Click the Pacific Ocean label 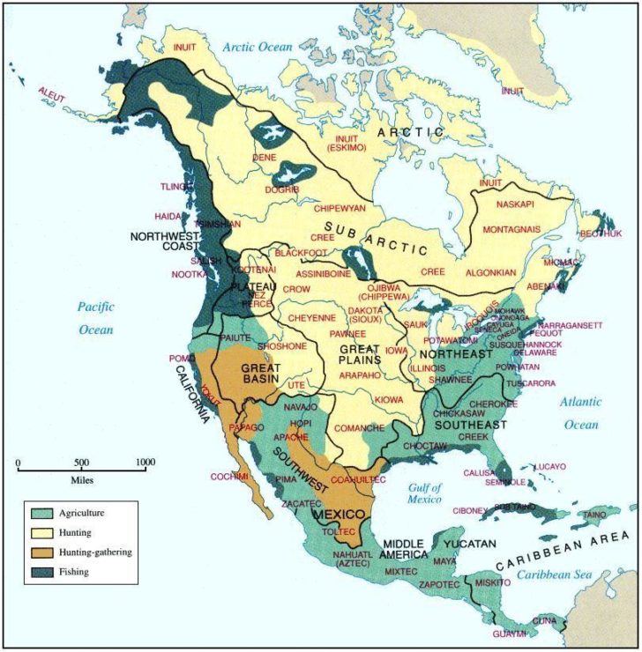(x=94, y=317)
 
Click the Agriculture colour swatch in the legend (x=41, y=514)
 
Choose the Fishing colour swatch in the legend (x=41, y=572)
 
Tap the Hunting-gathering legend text (x=94, y=552)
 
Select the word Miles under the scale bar (x=82, y=480)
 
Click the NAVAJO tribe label (x=302, y=407)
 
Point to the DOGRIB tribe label (x=282, y=189)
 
